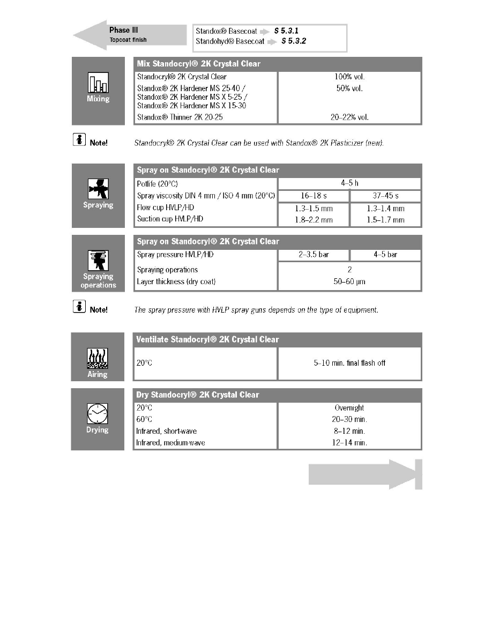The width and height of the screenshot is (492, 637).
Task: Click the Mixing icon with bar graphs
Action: click(x=98, y=83)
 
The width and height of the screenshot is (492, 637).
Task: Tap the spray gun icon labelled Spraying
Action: click(x=98, y=189)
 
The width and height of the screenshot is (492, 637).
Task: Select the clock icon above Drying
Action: click(x=98, y=413)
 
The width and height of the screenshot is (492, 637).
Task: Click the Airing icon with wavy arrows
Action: click(x=98, y=358)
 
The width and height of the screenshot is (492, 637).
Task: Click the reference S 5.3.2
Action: click(x=294, y=41)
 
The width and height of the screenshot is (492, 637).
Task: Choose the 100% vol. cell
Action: click(x=349, y=77)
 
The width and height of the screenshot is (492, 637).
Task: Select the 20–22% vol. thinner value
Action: click(x=349, y=116)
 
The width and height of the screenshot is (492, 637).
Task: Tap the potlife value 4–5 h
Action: click(x=349, y=183)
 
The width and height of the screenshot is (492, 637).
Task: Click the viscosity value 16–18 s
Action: click(x=314, y=196)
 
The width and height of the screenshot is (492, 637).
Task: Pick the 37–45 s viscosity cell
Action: click(x=385, y=196)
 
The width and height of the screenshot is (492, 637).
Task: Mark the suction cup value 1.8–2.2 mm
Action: click(x=314, y=220)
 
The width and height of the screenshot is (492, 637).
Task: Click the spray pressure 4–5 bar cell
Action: click(x=385, y=255)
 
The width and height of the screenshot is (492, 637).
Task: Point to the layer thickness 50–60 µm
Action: click(x=349, y=282)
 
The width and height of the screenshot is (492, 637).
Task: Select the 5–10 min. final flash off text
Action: click(x=349, y=363)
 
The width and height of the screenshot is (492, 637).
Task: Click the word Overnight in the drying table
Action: click(x=349, y=408)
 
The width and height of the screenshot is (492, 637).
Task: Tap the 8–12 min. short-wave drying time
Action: click(x=349, y=431)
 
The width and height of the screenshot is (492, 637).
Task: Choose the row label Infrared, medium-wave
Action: click(x=170, y=442)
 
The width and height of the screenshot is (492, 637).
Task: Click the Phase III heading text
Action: click(x=120, y=30)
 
